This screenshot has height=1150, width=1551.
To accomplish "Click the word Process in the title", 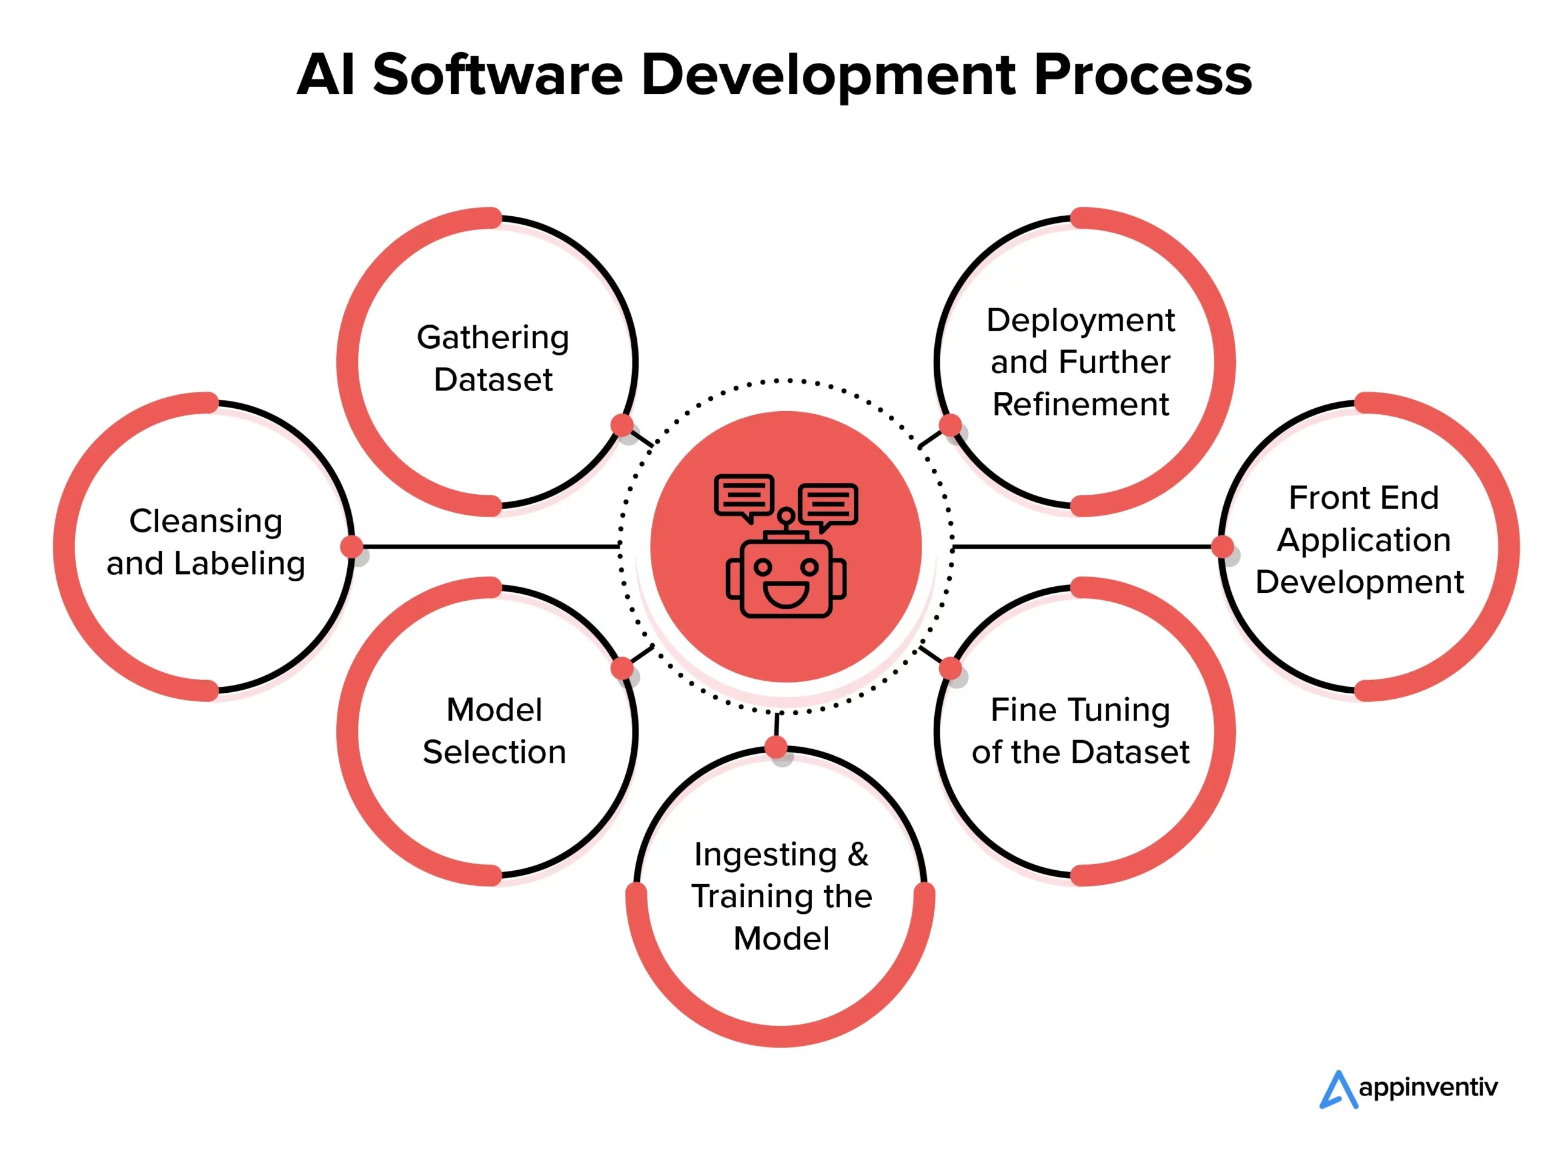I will pyautogui.click(x=1141, y=75).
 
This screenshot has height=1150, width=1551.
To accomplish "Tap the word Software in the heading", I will pyautogui.click(x=497, y=75).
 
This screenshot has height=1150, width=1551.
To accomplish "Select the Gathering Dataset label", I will pyautogui.click(x=493, y=358).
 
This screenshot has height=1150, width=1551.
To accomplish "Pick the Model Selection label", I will pyautogui.click(x=494, y=730).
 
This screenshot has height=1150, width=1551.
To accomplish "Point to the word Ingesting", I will pyautogui.click(x=765, y=855).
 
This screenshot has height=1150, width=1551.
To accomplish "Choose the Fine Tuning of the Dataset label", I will pyautogui.click(x=1080, y=730).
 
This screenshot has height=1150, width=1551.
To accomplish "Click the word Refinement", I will pyautogui.click(x=1080, y=404).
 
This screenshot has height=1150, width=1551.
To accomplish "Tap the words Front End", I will pyautogui.click(x=1363, y=498).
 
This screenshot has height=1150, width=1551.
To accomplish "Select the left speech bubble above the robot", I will pyautogui.click(x=744, y=495).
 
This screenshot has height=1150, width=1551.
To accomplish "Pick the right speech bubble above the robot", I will pyautogui.click(x=829, y=503).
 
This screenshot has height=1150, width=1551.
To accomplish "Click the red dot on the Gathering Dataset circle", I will pyautogui.click(x=622, y=425).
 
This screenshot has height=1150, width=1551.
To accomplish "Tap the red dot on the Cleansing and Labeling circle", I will pyautogui.click(x=352, y=546).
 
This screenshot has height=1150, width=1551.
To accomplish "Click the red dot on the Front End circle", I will pyautogui.click(x=1222, y=546).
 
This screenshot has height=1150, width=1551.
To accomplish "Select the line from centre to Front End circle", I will pyautogui.click(x=1083, y=546).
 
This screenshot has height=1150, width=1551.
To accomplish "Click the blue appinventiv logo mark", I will pyautogui.click(x=1337, y=1089).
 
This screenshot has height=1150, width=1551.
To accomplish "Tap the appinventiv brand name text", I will pyautogui.click(x=1428, y=1088).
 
